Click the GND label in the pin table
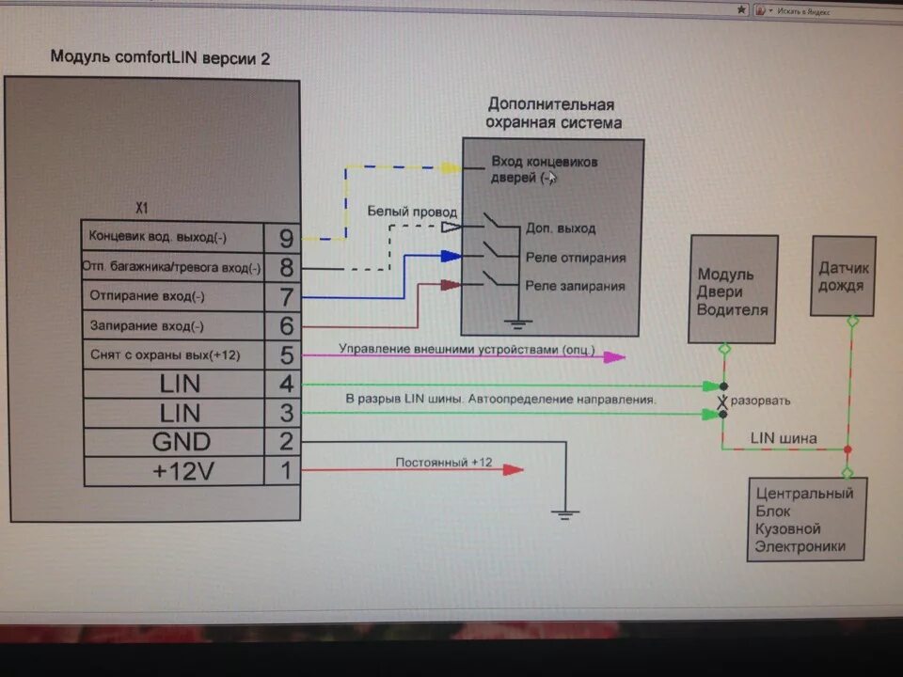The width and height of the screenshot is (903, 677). coord(182,442)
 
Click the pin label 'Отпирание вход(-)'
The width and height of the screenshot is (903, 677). coord(147,297)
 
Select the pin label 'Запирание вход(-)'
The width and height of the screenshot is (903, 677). coord(147,326)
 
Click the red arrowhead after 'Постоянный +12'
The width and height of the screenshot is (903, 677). coord(513,469)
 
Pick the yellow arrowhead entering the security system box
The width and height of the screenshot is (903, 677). coord(451,167)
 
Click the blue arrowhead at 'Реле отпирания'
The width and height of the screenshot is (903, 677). coord(451,256)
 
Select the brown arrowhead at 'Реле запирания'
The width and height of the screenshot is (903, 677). coord(451,283)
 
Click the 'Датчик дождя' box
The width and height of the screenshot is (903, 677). coord(843,276)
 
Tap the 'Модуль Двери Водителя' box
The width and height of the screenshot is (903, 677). coord(733,290)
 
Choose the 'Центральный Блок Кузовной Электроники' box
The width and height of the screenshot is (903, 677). coord(807,519)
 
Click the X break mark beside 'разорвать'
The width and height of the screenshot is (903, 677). coord(722,401)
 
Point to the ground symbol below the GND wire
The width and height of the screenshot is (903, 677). coord(565,512)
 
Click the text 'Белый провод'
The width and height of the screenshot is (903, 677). coord(412,213)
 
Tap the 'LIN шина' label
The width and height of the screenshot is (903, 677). coord(784,438)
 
